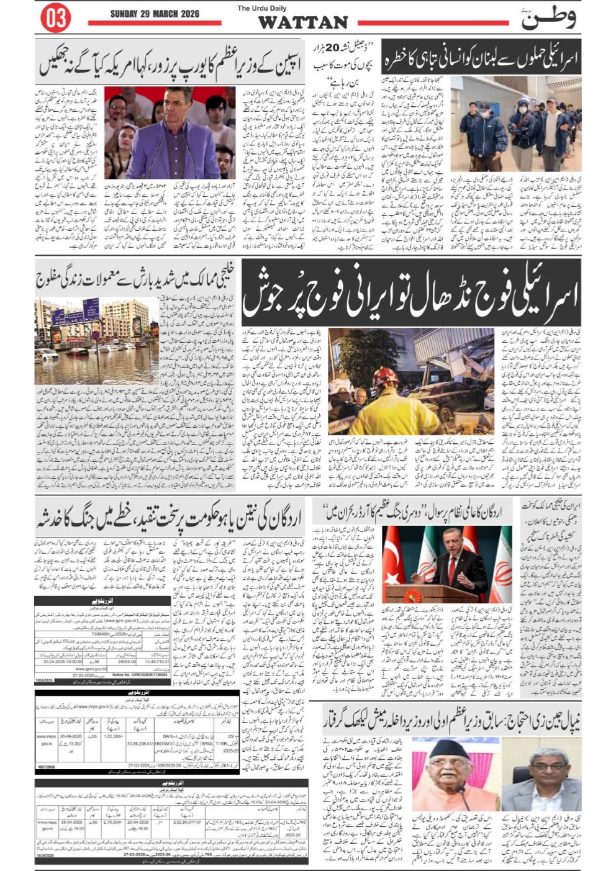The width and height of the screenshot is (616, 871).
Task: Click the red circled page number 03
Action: [x=55, y=19]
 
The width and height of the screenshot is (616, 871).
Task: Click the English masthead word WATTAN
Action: [x=302, y=23]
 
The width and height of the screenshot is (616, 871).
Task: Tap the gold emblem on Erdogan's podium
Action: [x=412, y=597]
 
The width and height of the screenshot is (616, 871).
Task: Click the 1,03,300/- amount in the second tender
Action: [x=113, y=736]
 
